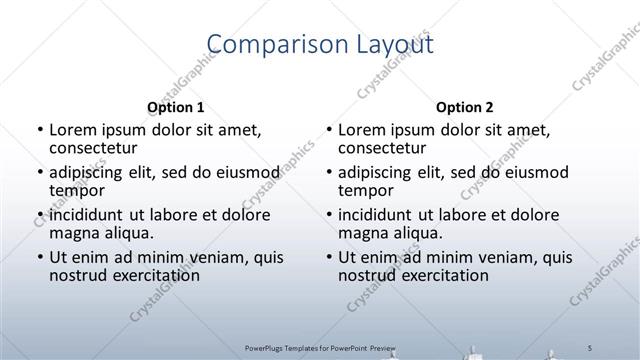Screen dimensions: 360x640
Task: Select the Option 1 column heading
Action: click(x=175, y=107)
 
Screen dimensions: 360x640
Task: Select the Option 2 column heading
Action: click(x=464, y=107)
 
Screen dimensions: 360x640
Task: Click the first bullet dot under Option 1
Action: click(x=39, y=130)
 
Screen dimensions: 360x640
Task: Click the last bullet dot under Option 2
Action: click(x=328, y=258)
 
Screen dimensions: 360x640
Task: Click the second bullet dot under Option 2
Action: click(x=328, y=173)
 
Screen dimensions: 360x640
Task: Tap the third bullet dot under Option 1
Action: click(x=39, y=215)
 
